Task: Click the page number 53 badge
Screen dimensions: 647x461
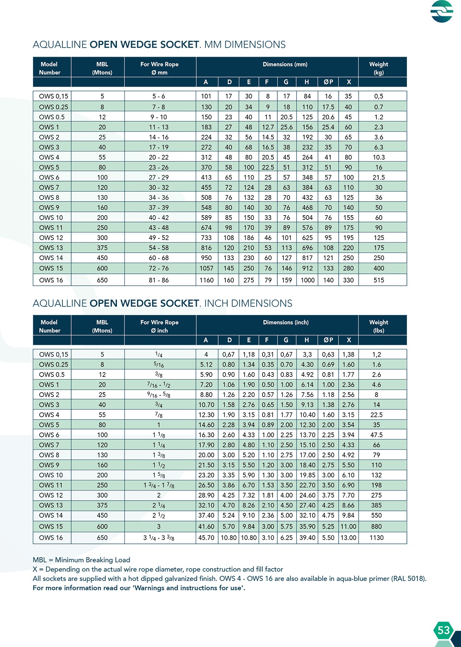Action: click(x=443, y=630)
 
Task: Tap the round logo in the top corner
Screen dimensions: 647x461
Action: click(x=442, y=11)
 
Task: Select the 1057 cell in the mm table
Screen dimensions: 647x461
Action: click(x=206, y=268)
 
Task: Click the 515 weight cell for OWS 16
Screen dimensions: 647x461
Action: click(x=379, y=280)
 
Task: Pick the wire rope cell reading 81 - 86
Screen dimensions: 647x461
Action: click(x=159, y=280)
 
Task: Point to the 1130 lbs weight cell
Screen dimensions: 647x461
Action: click(x=376, y=538)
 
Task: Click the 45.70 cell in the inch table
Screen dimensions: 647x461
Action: click(x=206, y=538)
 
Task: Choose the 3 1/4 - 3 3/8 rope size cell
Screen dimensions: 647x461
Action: click(x=159, y=538)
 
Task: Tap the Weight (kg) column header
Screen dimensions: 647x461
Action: click(x=379, y=68)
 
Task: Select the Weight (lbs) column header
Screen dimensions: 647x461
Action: click(x=379, y=326)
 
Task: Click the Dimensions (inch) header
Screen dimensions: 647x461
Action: click(x=286, y=322)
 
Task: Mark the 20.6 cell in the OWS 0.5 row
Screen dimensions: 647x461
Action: click(x=328, y=117)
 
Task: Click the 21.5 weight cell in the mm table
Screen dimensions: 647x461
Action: click(x=379, y=177)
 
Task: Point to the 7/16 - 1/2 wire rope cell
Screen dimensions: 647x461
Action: click(x=159, y=385)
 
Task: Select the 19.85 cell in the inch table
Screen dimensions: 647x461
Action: click(x=307, y=475)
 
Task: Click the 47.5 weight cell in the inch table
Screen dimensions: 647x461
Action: click(x=376, y=435)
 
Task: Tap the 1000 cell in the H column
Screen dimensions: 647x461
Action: click(x=307, y=280)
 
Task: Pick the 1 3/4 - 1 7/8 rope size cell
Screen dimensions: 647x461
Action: click(x=159, y=485)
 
